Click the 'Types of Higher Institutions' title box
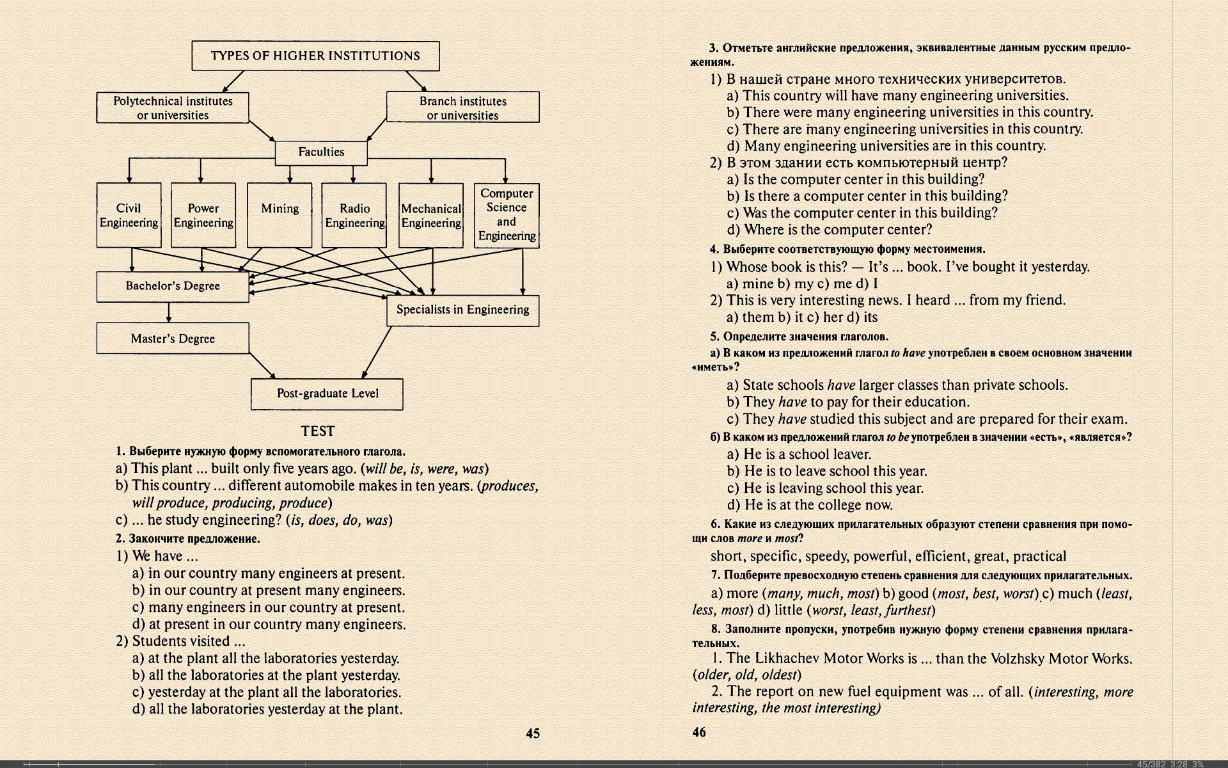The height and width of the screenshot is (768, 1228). coord(315,56)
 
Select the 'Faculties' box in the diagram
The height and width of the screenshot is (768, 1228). coord(321,152)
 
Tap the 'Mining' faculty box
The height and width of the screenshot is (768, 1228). coord(279,215)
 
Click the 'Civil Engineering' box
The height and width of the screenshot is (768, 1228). coord(129,215)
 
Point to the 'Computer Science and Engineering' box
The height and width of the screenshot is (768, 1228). coord(507,215)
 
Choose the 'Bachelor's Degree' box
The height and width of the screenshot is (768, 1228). coord(173,286)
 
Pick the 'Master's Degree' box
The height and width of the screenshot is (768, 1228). coord(173,339)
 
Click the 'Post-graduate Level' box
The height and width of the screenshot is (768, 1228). coord(327,394)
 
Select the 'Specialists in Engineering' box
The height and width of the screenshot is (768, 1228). coord(462,310)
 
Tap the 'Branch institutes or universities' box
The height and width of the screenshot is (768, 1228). coord(462,108)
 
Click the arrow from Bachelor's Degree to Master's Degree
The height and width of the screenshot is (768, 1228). coord(169,312)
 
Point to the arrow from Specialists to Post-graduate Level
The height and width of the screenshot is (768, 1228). coord(377,352)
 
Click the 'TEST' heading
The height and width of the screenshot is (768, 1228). coord(318,431)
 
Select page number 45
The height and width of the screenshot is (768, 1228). coord(533,733)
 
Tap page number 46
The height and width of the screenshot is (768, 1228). coord(699,732)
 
